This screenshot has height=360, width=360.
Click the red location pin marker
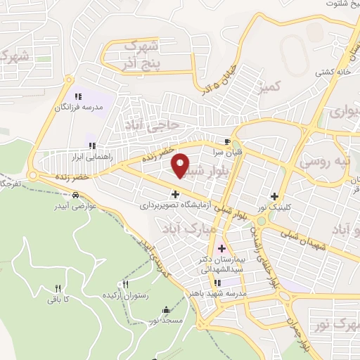[x=181, y=165]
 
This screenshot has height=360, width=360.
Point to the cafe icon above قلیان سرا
[x=227, y=140]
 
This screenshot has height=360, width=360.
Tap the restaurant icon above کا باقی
[x=58, y=288]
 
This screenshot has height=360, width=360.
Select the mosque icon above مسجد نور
[x=165, y=309]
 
